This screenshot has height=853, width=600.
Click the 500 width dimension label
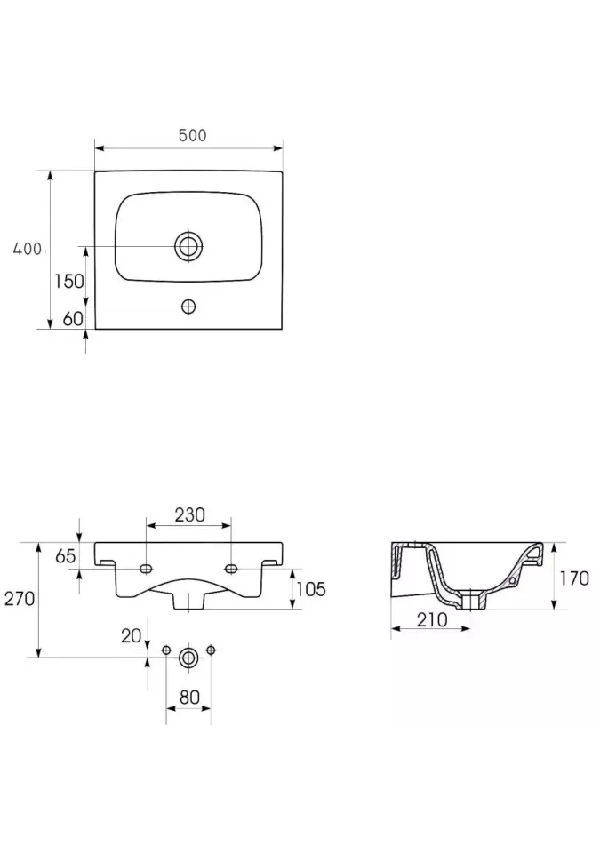[x=192, y=135]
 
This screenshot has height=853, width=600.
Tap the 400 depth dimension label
[x=28, y=249]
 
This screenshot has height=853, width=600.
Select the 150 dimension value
[x=69, y=282]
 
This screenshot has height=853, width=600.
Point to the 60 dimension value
[x=73, y=318]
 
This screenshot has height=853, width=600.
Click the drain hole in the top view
[x=188, y=246]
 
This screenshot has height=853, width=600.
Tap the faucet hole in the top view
[x=188, y=307]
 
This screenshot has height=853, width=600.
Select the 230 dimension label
[x=189, y=514]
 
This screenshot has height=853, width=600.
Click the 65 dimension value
[x=66, y=556]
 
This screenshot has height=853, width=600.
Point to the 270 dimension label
[x=20, y=598]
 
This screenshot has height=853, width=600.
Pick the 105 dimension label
[x=311, y=588]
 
